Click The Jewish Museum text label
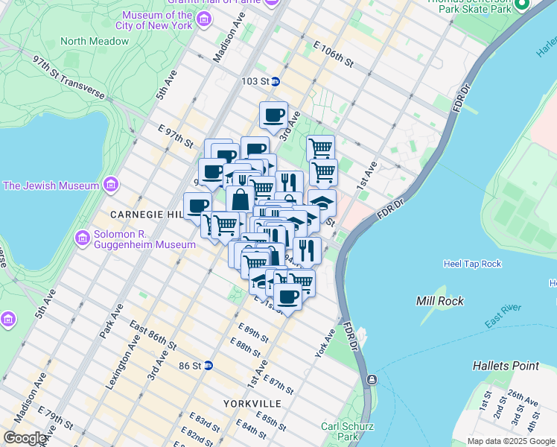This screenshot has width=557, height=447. coord(51,185)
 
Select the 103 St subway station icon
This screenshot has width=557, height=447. coord(275,81)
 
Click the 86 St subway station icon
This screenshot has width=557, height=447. coord(209,365)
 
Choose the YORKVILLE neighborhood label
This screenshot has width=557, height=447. coord(252,403)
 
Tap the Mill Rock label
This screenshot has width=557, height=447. coord(439,301)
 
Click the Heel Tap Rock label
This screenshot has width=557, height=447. coord(472,264)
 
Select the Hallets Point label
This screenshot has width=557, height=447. coord(506,366)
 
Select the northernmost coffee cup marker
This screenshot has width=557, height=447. coord(273,115)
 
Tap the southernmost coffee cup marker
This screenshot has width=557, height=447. coord(287,297)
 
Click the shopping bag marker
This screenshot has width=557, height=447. coord(241,200)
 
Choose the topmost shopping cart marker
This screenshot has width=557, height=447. coord(320,148)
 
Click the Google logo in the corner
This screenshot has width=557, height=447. coord(25,438)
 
